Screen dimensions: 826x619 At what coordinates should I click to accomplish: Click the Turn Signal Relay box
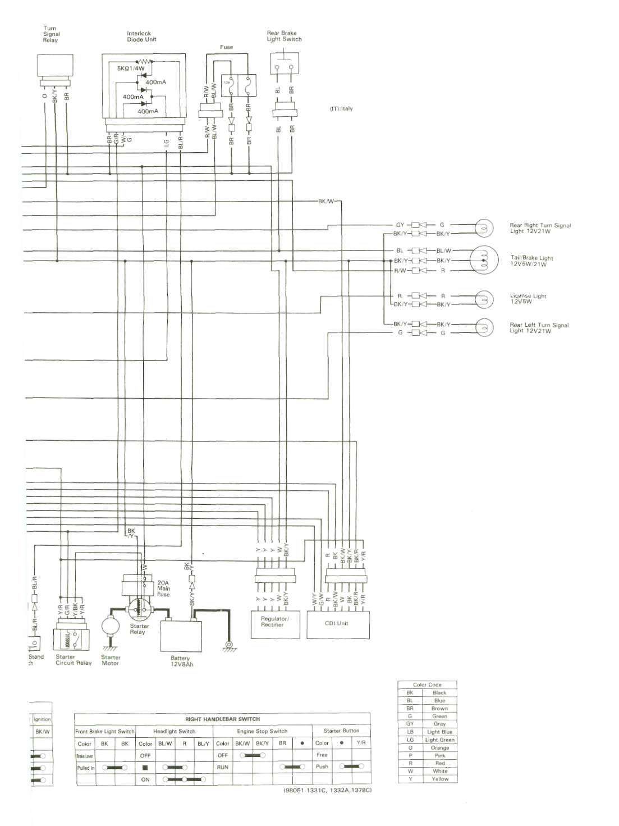point(54,67)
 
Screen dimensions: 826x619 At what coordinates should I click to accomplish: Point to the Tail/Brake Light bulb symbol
point(483,260)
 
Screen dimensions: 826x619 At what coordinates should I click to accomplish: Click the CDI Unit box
point(338,623)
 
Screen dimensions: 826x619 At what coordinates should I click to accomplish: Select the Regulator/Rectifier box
point(272,622)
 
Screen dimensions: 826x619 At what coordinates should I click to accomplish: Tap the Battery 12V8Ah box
point(181,635)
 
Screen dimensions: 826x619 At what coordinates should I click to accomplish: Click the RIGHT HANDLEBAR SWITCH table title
point(222,719)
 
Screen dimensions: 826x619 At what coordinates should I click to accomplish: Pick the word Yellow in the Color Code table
point(440,779)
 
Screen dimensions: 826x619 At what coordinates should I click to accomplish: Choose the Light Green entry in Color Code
point(440,740)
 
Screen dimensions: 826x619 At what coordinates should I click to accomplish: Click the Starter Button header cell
point(341,731)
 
